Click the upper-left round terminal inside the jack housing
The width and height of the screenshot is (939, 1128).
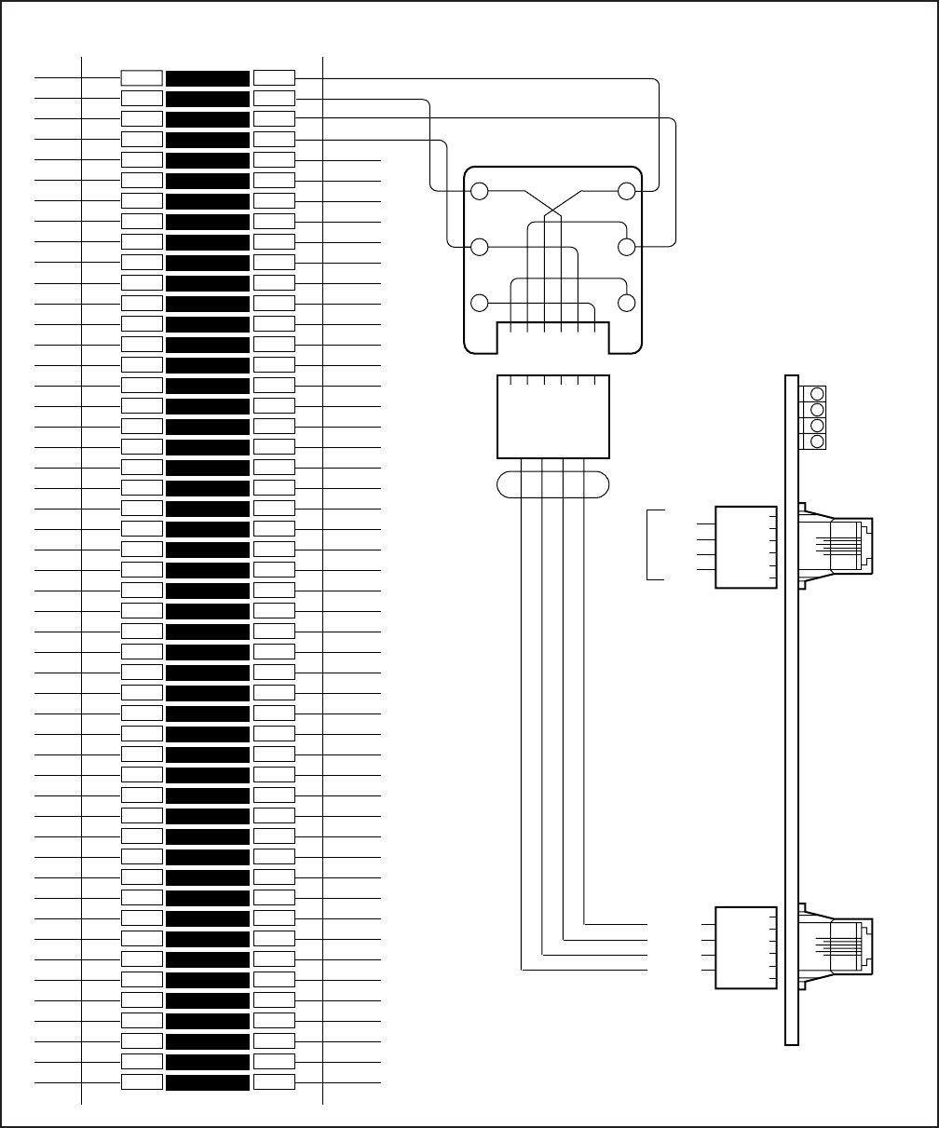480,192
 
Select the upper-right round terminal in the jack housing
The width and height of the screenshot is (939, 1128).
627,192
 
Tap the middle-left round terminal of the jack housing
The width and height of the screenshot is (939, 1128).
480,247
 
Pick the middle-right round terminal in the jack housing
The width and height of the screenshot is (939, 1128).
627,247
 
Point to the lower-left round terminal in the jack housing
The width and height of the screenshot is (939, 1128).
480,303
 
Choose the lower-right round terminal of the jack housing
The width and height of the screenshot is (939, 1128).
627,303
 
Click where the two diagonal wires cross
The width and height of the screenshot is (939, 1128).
554,213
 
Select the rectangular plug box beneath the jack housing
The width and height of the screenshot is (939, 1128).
553,417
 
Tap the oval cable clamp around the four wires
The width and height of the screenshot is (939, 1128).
553,484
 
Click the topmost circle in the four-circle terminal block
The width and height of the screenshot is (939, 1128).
818,394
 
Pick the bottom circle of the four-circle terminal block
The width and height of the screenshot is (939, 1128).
818,441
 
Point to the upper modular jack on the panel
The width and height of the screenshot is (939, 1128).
837,546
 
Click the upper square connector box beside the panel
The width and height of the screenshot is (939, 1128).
745,547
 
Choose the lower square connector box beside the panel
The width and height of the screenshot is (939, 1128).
745,947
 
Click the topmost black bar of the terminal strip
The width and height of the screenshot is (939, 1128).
208,78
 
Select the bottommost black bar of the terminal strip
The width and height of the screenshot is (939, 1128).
208,1082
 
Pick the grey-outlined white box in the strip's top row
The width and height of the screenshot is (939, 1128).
142,78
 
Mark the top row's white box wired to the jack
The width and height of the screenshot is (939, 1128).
274,78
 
